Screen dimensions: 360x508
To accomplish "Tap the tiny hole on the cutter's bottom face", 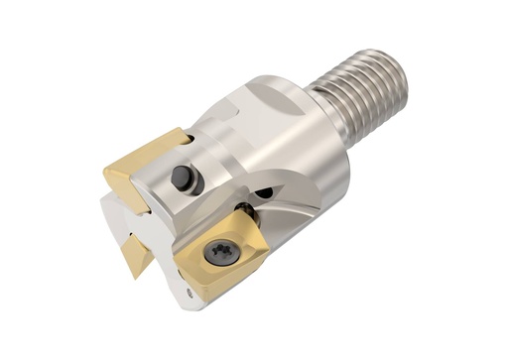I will (190, 294).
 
